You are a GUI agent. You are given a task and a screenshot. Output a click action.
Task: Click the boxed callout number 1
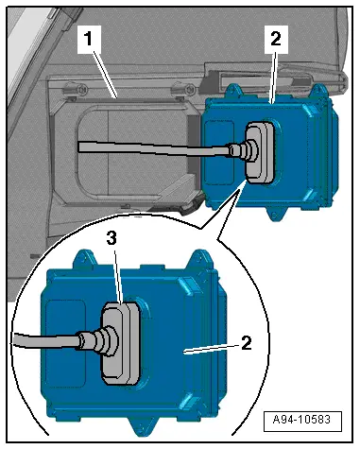pyautogui.click(x=89, y=39)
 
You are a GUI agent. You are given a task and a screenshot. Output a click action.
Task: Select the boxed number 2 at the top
pyautogui.click(x=276, y=39)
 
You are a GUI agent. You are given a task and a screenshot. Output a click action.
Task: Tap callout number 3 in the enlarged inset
pyautogui.click(x=111, y=238)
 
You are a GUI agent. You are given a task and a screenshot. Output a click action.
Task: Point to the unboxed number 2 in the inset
pyautogui.click(x=247, y=343)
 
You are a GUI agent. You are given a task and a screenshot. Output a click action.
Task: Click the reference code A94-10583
pyautogui.click(x=301, y=420)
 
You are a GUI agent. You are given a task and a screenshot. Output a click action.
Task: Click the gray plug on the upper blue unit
pyautogui.click(x=260, y=153)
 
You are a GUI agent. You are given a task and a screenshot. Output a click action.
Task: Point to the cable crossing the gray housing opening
pyautogui.click(x=154, y=148)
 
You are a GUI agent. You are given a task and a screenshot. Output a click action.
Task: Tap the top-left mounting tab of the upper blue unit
pyautogui.click(x=234, y=92)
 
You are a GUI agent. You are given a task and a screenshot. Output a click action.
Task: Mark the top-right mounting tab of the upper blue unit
pyautogui.click(x=318, y=91)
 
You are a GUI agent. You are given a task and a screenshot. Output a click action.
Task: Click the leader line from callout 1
pyautogui.click(x=105, y=75)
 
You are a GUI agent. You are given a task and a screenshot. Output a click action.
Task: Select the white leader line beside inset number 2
pyautogui.click(x=211, y=349)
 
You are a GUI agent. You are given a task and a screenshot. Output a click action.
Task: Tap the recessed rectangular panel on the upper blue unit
pyautogui.click(x=219, y=152)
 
